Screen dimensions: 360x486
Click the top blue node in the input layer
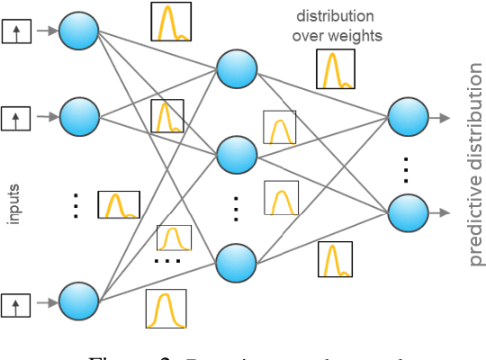(x=80, y=33)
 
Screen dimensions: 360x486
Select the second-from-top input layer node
(x=80, y=115)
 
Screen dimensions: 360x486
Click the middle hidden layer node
(x=237, y=156)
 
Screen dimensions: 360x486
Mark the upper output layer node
(x=407, y=116)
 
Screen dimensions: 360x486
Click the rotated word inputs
(x=13, y=204)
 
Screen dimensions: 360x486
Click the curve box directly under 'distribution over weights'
(x=335, y=67)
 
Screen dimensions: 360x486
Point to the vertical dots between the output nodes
(x=407, y=166)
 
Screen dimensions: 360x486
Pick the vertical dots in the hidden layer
(x=236, y=209)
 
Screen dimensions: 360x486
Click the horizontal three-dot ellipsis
(x=167, y=261)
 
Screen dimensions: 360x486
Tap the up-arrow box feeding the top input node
(x=15, y=33)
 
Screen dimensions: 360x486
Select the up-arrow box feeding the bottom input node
(x=15, y=303)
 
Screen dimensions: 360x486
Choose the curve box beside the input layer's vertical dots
(x=119, y=204)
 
